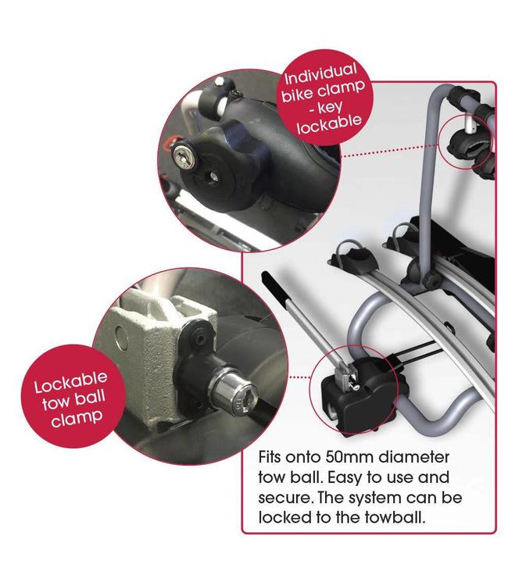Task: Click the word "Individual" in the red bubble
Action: tap(320, 74)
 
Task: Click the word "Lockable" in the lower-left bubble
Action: tap(70, 382)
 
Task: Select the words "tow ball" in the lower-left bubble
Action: tap(73, 400)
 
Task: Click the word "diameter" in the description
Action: tap(413, 457)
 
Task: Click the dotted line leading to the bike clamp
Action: tap(388, 151)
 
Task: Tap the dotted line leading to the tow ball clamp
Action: tap(299, 377)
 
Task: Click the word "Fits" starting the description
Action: tap(269, 457)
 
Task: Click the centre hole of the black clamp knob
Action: tap(213, 177)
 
